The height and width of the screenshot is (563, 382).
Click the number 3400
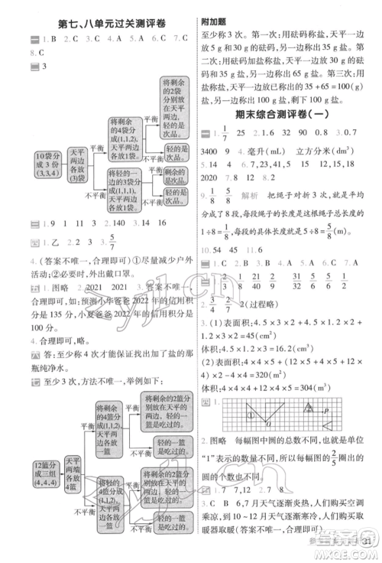[x=212, y=155]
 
